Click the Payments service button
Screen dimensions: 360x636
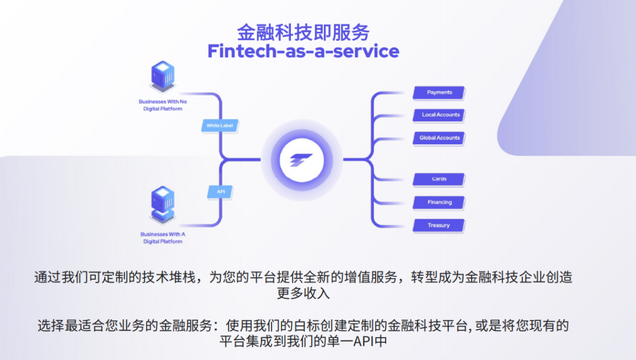click(x=439, y=93)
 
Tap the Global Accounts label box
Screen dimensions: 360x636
click(x=439, y=138)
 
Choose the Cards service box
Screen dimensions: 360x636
click(x=439, y=179)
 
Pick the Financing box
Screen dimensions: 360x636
click(x=439, y=202)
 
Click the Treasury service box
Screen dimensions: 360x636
click(x=439, y=225)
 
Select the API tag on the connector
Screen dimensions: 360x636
click(x=221, y=191)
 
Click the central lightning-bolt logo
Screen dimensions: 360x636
click(x=302, y=159)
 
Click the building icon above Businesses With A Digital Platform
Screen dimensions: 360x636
click(x=162, y=204)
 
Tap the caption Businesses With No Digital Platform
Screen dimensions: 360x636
click(x=163, y=105)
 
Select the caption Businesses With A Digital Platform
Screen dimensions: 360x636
click(x=163, y=237)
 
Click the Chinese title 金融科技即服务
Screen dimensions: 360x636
click(x=303, y=31)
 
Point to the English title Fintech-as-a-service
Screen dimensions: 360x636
click(x=303, y=51)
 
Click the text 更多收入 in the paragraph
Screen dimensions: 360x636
click(x=303, y=293)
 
